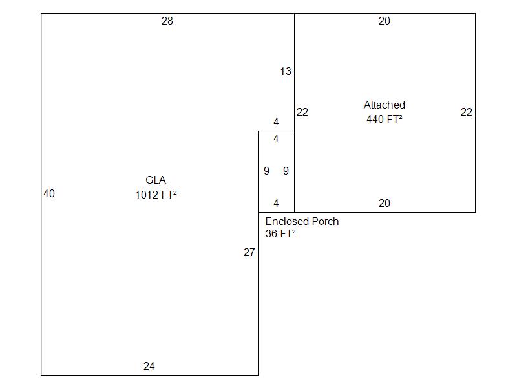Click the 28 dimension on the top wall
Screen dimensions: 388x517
(167, 21)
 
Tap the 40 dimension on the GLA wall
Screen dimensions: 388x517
(49, 193)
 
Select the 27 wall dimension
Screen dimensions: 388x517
(249, 253)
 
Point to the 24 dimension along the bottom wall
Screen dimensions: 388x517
(149, 367)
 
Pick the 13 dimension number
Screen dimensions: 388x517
(286, 72)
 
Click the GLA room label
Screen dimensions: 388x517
(156, 180)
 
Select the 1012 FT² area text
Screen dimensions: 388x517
(156, 195)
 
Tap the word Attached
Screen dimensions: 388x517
(385, 105)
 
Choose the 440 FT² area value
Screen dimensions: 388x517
(385, 119)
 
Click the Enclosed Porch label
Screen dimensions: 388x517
(302, 221)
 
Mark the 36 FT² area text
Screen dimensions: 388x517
(280, 234)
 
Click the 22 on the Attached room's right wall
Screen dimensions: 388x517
(467, 113)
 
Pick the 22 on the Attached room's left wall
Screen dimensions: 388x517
(302, 113)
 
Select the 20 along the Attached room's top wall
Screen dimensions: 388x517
(385, 21)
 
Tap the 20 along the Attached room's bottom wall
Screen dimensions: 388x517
(385, 204)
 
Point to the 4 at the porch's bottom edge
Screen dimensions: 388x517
(276, 204)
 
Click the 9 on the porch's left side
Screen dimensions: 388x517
(266, 171)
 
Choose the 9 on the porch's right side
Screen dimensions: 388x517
(286, 171)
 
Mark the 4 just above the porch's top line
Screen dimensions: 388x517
(276, 122)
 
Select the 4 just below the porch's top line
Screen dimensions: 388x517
(276, 139)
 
